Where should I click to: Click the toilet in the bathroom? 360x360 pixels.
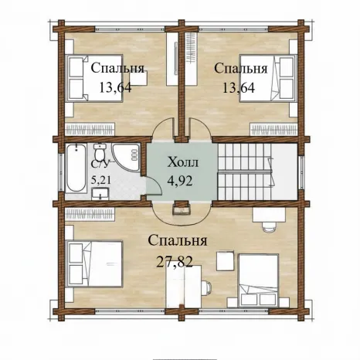coord(100,152)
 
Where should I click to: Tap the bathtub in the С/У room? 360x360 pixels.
coord(76,168)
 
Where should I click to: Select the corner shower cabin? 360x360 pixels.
coord(127,157)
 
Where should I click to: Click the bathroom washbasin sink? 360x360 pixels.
coord(100,194)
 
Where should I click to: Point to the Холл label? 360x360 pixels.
coord(183,163)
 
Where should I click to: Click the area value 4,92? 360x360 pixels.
coord(180,182)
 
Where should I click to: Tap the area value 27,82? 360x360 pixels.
coord(175,263)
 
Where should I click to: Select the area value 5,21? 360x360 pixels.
coord(101,179)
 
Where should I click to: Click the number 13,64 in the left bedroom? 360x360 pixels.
coord(115,87)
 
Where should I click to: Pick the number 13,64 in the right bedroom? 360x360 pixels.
coord(239,87)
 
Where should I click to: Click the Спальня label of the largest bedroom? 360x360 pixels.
coord(178,241)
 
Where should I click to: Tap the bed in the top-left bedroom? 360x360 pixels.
coord(94,78)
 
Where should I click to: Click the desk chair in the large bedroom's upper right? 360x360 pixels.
coord(269,226)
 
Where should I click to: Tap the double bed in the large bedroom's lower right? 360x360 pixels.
coord(259,280)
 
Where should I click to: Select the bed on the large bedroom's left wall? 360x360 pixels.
coord(94,263)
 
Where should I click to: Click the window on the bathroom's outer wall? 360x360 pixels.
coord(61,172)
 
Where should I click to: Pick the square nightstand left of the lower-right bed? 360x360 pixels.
coord(226,261)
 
